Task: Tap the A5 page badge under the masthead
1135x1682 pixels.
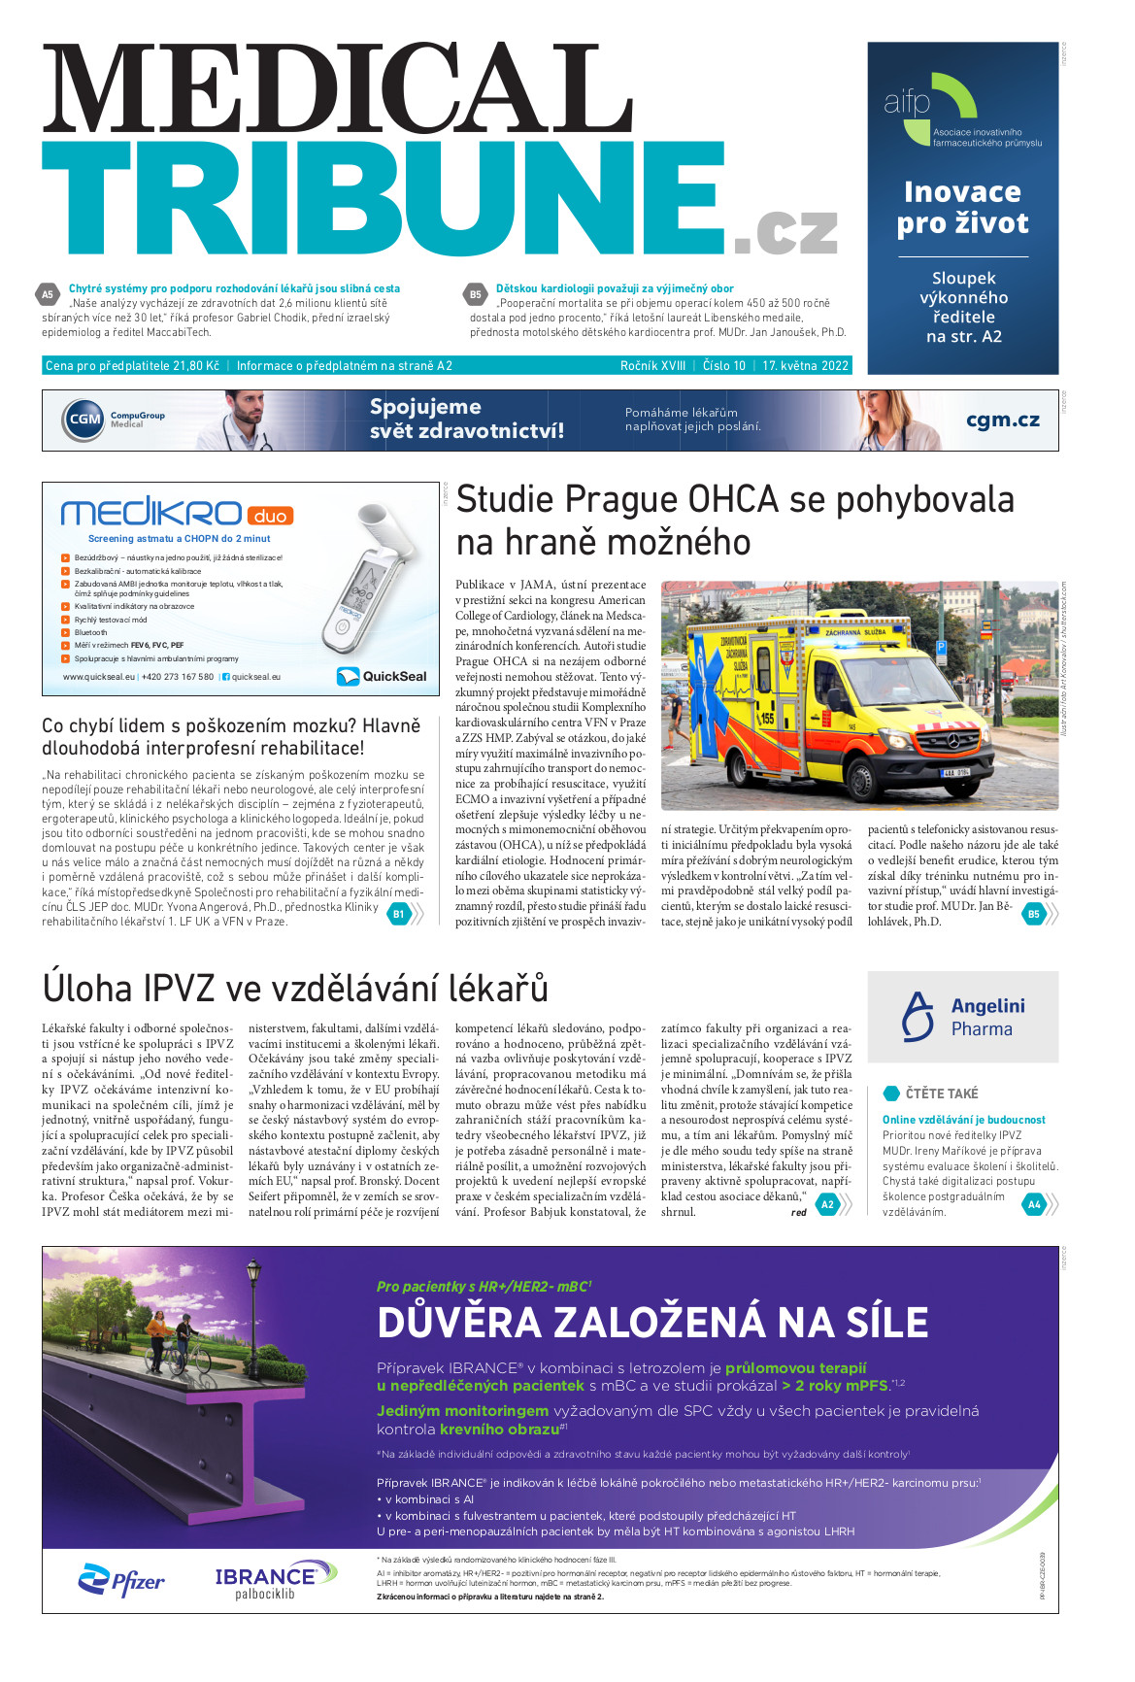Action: (48, 294)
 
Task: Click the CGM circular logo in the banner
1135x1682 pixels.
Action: (84, 420)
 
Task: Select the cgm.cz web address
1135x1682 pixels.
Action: (1002, 420)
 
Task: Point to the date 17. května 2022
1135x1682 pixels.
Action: (805, 366)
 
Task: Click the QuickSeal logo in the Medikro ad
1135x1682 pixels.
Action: (382, 676)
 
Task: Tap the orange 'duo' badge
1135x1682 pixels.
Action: (270, 516)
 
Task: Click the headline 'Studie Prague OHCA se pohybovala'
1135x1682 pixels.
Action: (734, 499)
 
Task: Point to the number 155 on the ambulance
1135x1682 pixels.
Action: (766, 720)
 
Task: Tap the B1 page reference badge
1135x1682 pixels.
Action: (398, 913)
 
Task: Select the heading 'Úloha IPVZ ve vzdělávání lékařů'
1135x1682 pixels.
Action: (295, 989)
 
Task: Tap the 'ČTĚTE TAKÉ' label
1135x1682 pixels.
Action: (941, 1093)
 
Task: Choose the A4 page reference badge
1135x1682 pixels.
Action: (1034, 1204)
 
